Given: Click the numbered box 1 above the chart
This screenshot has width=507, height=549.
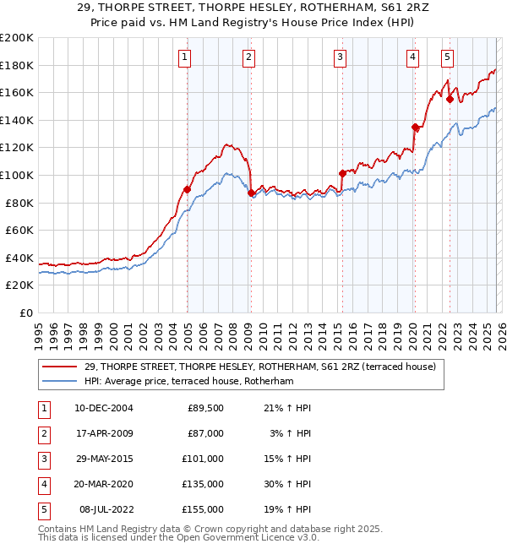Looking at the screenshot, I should [184, 57].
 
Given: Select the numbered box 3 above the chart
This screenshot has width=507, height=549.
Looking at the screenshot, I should [339, 57].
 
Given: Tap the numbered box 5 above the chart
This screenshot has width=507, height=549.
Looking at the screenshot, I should [447, 57].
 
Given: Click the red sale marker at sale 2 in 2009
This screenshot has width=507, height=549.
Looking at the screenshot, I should [251, 193].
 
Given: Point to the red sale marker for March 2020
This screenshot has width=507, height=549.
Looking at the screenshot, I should [415, 128].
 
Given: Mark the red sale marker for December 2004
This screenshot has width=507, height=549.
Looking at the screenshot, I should [187, 189].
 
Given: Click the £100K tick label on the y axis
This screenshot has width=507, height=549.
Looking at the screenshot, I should [16, 175].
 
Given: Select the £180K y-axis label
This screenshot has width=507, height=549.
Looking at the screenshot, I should [16, 65].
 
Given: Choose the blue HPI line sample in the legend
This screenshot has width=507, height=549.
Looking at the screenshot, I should [61, 381].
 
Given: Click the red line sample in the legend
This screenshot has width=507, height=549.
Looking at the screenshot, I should [61, 367].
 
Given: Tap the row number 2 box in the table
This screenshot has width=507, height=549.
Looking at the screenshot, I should [43, 433].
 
